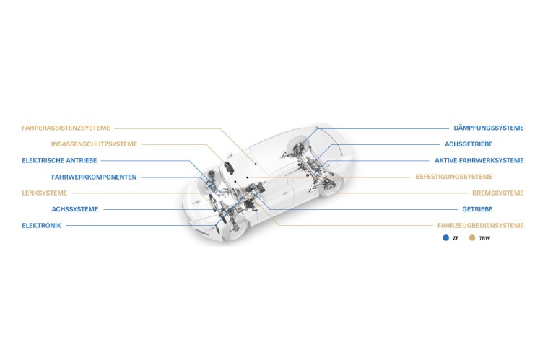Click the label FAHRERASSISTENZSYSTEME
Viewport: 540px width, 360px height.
tap(66, 128)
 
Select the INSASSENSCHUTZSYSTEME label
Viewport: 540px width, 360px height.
tap(94, 144)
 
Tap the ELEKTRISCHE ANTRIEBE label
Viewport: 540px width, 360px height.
tap(59, 160)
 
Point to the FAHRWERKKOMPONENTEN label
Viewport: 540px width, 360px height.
tap(94, 177)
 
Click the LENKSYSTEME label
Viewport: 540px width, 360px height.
tap(45, 193)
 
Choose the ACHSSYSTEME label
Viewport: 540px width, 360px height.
tap(75, 209)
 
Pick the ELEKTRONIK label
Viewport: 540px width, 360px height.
tap(41, 226)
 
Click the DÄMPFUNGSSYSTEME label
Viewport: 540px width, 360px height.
tap(488, 128)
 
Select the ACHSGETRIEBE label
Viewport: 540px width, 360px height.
tap(469, 144)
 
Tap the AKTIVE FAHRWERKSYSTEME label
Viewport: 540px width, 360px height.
tap(479, 160)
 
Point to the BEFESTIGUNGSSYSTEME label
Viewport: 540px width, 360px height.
tap(453, 177)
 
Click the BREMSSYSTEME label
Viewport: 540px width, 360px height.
tap(497, 193)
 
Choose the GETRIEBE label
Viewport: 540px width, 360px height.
tap(477, 209)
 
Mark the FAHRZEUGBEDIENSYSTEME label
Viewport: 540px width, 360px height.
tap(480, 226)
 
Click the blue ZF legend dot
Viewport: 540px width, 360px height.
tap(445, 238)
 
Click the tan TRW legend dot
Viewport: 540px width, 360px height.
tap(472, 238)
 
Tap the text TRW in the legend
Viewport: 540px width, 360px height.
tap(484, 238)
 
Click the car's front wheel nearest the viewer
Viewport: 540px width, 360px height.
tap(236, 228)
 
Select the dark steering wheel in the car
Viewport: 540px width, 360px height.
tap(229, 167)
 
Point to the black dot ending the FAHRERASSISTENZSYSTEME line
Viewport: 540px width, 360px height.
tap(256, 164)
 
